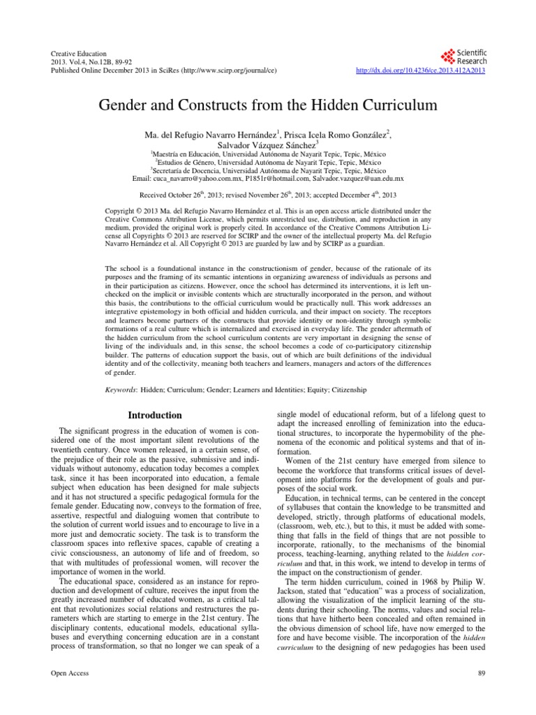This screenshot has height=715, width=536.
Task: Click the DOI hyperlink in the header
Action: pos(421,71)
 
